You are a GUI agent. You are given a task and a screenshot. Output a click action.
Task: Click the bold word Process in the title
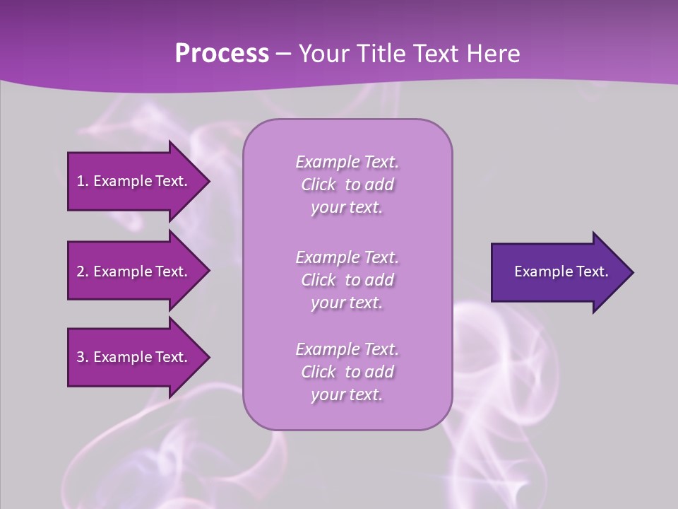click(x=222, y=54)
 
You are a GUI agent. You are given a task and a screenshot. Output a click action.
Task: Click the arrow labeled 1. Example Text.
click(x=134, y=181)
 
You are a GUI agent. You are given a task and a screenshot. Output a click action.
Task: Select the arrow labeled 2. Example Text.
click(x=134, y=271)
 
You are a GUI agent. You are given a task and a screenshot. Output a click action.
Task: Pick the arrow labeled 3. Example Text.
click(x=134, y=357)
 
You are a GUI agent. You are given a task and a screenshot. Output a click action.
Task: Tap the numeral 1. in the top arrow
click(x=82, y=181)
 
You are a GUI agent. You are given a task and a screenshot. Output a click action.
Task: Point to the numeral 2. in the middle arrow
click(x=82, y=271)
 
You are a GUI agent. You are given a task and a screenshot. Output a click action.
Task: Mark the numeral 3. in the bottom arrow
click(x=82, y=357)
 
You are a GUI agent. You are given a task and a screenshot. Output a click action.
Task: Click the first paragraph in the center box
click(x=347, y=185)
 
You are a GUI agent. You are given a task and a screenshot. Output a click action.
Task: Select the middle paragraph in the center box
click(x=347, y=280)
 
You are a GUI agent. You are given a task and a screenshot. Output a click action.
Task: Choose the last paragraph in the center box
click(x=347, y=372)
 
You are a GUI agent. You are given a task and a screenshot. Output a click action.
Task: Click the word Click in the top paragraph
click(x=319, y=185)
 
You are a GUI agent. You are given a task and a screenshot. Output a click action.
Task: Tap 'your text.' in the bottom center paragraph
click(x=347, y=395)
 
